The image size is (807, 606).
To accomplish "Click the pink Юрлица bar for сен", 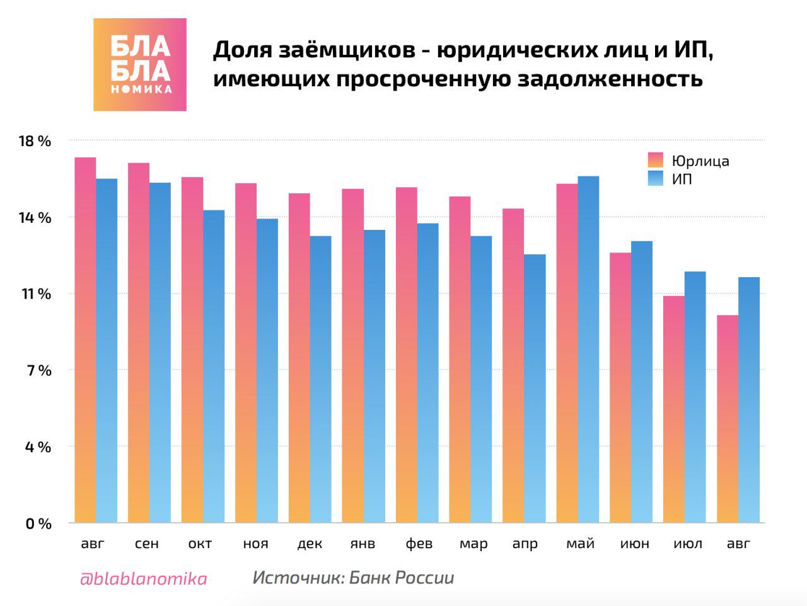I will point(139,343).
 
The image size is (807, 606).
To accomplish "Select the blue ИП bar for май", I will point(588,350).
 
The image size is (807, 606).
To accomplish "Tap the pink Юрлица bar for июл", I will point(674,409).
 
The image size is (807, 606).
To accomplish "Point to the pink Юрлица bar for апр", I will point(513,365).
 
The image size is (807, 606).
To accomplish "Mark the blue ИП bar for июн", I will point(642,382).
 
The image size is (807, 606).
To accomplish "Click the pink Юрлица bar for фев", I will point(407,355).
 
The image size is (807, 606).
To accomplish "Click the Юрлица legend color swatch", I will point(656,160).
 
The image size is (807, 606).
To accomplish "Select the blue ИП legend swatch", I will point(656,179).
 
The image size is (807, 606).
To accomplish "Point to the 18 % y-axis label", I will point(35,141).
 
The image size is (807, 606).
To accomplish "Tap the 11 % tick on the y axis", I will point(35,294).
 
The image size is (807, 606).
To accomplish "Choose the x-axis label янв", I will point(363,544).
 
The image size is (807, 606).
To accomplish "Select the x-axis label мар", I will point(473,544).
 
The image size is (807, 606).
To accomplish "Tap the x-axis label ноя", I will point(255,544).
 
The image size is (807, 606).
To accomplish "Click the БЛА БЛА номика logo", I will point(140,65).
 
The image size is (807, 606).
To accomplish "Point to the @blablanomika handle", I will point(143,578).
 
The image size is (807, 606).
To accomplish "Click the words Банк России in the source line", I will point(401,578).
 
